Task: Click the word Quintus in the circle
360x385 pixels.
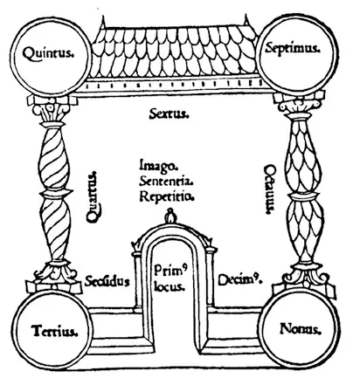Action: click(47, 53)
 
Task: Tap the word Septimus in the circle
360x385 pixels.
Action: click(293, 48)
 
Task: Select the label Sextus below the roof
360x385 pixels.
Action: click(169, 113)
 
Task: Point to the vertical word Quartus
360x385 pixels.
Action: click(93, 197)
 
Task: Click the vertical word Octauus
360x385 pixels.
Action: click(270, 189)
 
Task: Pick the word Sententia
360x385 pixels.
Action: click(166, 181)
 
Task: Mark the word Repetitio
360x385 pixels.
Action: click(167, 196)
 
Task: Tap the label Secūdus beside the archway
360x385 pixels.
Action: click(107, 281)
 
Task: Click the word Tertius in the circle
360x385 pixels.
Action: click(55, 331)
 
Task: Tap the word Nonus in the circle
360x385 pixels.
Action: click(301, 329)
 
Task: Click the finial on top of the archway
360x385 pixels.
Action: click(170, 216)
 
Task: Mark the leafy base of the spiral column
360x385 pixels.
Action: click(55, 272)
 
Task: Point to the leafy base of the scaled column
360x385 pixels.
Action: click(307, 273)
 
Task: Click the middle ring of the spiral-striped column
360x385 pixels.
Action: click(56, 193)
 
